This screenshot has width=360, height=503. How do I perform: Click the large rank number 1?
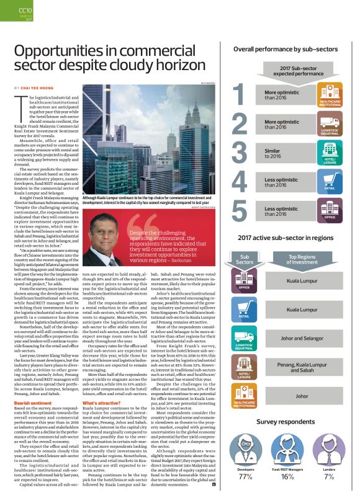(x=238, y=95)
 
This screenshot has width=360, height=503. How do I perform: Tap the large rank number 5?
(x=238, y=210)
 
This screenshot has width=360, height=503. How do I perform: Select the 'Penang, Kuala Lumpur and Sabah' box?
(x=302, y=368)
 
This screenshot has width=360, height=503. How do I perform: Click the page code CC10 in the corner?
(x=25, y=10)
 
